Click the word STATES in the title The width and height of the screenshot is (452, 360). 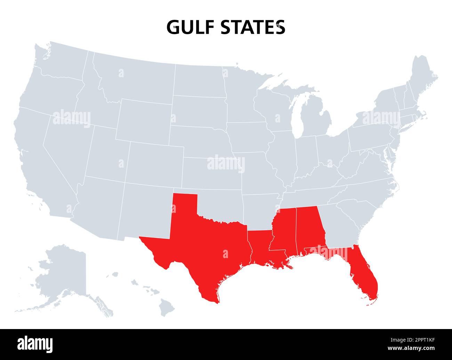tap(253, 27)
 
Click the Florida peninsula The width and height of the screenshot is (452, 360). tap(363, 278)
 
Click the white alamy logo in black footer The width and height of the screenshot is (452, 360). tap(35, 344)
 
